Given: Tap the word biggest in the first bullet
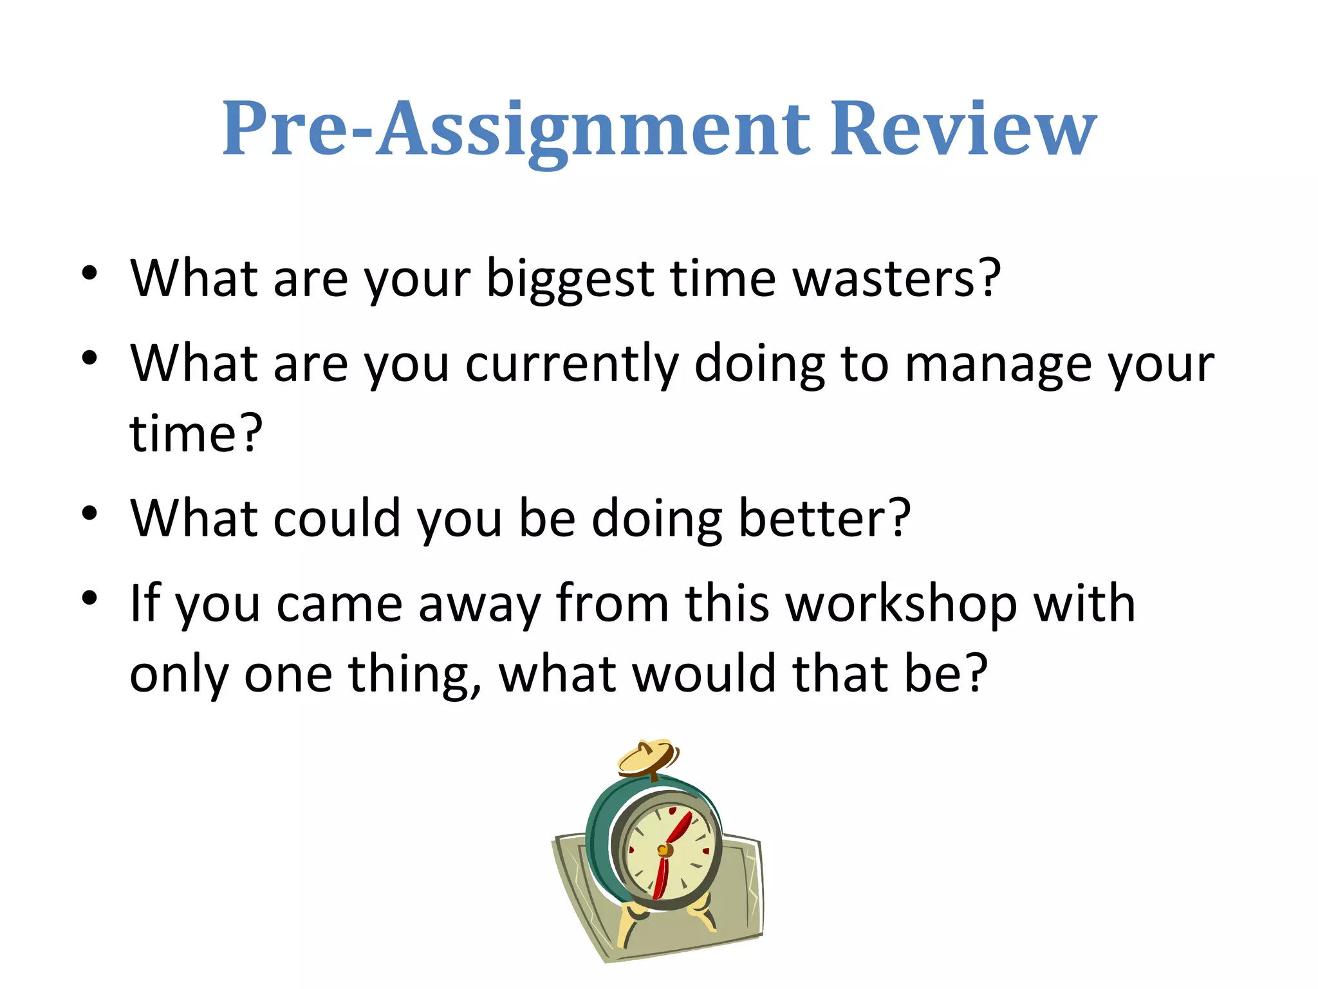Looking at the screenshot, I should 570,279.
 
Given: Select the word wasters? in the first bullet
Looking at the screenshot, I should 896,279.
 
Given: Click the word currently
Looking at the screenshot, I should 571,364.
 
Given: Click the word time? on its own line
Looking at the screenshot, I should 196,433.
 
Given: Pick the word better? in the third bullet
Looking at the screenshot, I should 824,518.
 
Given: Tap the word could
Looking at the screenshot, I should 337,518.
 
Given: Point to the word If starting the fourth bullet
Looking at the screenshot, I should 145,604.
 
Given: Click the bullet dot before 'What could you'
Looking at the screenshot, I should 89,514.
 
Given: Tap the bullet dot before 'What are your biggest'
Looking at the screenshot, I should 89,274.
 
